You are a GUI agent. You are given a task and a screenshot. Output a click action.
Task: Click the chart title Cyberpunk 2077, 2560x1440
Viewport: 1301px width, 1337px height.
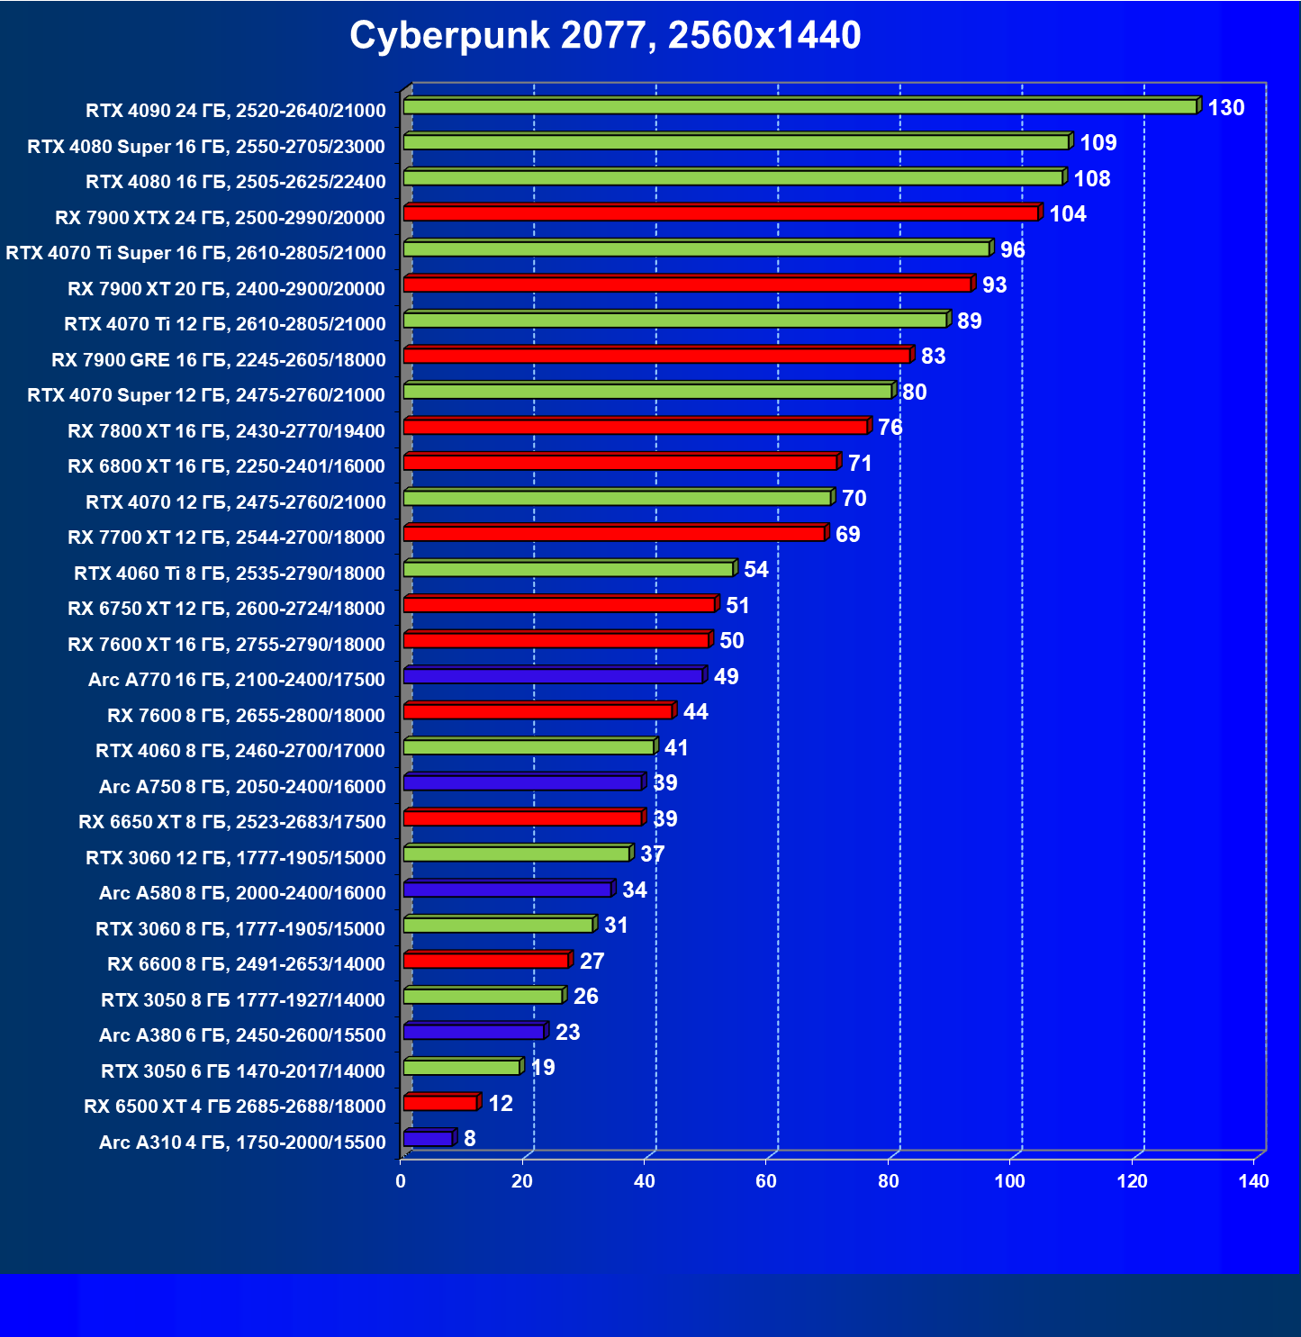click(605, 36)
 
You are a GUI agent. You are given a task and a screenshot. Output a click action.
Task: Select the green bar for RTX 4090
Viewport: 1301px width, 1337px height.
click(800, 107)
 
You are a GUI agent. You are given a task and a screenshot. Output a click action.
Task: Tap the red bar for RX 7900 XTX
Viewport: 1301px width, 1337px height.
click(720, 213)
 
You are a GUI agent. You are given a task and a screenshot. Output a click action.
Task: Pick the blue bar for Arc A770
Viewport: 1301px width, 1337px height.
click(553, 676)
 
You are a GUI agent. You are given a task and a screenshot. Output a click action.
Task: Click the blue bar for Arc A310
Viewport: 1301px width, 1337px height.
click(428, 1139)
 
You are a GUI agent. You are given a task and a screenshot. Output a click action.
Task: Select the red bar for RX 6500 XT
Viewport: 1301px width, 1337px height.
click(440, 1103)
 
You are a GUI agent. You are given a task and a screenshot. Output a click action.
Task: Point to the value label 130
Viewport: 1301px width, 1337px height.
click(1225, 108)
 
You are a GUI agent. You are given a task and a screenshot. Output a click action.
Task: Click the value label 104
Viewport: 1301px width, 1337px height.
click(1068, 214)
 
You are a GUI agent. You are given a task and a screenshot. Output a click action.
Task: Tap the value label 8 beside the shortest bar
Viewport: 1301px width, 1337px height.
click(470, 1139)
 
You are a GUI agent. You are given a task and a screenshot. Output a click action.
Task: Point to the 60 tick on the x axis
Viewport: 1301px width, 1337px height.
click(766, 1181)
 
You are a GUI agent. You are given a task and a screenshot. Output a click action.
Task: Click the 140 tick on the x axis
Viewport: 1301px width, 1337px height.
click(1253, 1181)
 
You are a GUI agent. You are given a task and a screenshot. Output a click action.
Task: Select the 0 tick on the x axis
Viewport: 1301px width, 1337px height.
click(401, 1181)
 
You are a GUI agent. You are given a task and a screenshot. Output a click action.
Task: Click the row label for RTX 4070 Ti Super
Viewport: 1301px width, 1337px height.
click(195, 253)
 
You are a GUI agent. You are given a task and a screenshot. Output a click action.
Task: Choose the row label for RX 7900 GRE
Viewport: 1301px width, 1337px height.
click(219, 360)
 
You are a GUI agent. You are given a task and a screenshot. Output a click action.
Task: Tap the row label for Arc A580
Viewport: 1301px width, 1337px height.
click(242, 893)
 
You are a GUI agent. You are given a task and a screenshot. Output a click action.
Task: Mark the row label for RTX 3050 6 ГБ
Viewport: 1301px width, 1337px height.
click(243, 1071)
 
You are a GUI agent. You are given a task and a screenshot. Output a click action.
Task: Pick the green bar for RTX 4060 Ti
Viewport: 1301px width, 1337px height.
click(568, 569)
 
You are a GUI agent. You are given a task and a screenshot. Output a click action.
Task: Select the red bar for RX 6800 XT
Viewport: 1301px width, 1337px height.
click(620, 463)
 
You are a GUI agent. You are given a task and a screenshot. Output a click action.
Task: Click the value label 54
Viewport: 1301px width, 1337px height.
click(756, 570)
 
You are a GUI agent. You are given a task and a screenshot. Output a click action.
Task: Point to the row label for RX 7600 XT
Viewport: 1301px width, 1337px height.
click(226, 645)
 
